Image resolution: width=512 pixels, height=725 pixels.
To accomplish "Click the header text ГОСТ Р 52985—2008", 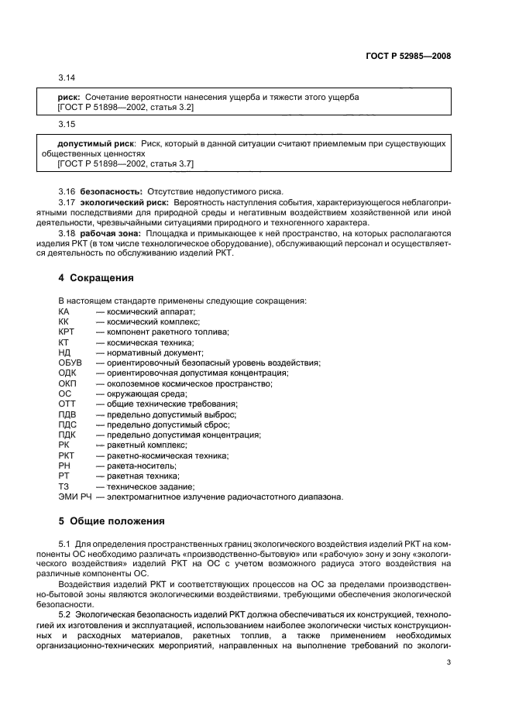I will coord(409,56).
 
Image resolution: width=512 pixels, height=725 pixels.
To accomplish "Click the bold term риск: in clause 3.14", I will coord(70,97).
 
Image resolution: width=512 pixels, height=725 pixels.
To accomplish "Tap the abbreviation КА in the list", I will coord(64,311).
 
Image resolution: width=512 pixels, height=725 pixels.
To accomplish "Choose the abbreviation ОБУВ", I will coord(70,362).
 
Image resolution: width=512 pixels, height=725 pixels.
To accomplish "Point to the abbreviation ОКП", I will coord(67,383).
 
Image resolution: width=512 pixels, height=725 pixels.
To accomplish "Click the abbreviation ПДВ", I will coord(67,414).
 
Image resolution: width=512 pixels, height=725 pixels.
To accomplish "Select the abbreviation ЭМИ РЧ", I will coord(74,497).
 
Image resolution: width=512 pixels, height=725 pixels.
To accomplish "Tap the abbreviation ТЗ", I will coord(64,486).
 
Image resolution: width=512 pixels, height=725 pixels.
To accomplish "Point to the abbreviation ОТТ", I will coord(67,404).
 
